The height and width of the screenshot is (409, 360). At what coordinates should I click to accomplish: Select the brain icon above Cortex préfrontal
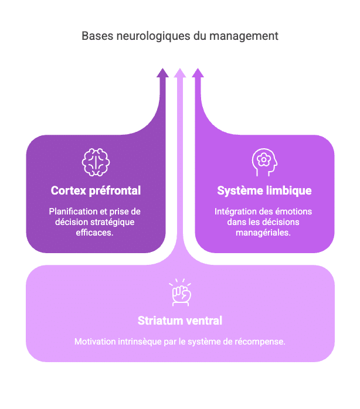(96, 162)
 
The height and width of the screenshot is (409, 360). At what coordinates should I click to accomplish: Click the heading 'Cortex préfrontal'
(96, 191)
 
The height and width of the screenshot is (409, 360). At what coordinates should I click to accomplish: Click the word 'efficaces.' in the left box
(96, 232)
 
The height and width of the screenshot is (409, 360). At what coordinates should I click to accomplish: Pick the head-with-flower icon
(264, 162)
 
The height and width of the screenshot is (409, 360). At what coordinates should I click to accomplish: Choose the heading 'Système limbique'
(264, 191)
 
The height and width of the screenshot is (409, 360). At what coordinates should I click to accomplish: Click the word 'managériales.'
(264, 232)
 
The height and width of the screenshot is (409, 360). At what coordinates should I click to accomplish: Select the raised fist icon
(180, 292)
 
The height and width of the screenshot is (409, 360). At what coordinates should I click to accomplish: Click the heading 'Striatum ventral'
(180, 321)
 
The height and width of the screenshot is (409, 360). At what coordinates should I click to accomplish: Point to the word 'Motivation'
(94, 341)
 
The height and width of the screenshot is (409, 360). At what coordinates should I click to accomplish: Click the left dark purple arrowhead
(162, 73)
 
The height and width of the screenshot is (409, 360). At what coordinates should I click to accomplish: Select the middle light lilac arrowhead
(180, 73)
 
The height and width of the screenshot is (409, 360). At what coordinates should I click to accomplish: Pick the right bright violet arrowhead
(198, 73)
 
